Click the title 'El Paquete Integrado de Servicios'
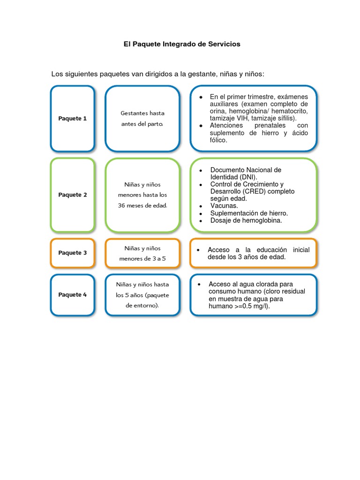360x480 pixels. pyautogui.click(x=182, y=44)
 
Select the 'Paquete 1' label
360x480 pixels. pyautogui.click(x=73, y=119)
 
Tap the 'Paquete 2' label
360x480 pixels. pyautogui.click(x=73, y=195)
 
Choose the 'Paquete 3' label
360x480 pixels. pyautogui.click(x=73, y=253)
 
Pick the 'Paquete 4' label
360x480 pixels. pyautogui.click(x=73, y=294)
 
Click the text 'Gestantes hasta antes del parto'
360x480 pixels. pyautogui.click(x=142, y=119)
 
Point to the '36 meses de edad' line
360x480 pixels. pyautogui.click(x=142, y=205)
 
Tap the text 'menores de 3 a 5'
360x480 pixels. pyautogui.click(x=142, y=259)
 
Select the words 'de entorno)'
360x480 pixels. pyautogui.click(x=142, y=306)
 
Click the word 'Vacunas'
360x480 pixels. pyautogui.click(x=224, y=206)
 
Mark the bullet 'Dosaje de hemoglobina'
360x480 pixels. pyautogui.click(x=246, y=220)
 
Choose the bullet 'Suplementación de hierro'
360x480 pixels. pyautogui.click(x=249, y=213)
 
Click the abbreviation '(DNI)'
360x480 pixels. pyautogui.click(x=248, y=177)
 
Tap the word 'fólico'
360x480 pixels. pyautogui.click(x=218, y=140)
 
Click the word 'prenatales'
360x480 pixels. pyautogui.click(x=270, y=126)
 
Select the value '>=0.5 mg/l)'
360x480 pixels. pyautogui.click(x=252, y=306)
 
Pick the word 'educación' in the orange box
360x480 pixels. pyautogui.click(x=271, y=250)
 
